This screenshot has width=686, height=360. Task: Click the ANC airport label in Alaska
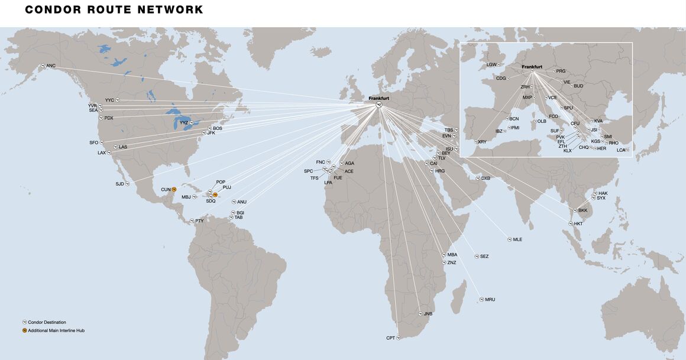[x=51, y=66]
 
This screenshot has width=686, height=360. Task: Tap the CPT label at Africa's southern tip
[x=390, y=338]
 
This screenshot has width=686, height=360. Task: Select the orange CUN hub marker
[x=174, y=189]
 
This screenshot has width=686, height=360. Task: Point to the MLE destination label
[x=517, y=239]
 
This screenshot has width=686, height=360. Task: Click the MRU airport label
[x=490, y=300]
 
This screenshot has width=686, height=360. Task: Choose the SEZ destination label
[x=484, y=257]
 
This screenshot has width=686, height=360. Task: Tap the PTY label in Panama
[x=199, y=221]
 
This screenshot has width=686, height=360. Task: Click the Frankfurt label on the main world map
[x=378, y=98]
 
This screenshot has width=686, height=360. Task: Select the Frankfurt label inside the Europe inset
[x=532, y=67]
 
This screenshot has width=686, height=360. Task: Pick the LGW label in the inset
[x=491, y=64]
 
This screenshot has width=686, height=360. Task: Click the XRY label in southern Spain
[x=482, y=142]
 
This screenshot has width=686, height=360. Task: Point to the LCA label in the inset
[x=620, y=150]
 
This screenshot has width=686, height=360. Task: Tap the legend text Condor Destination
[x=47, y=322]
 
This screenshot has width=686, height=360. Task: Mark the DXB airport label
[x=486, y=178]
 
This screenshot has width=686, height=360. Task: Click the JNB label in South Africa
[x=428, y=314]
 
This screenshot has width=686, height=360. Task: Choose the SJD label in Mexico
[x=119, y=184]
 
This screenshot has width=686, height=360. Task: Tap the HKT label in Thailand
[x=578, y=223]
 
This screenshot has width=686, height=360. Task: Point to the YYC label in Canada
[x=109, y=100]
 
